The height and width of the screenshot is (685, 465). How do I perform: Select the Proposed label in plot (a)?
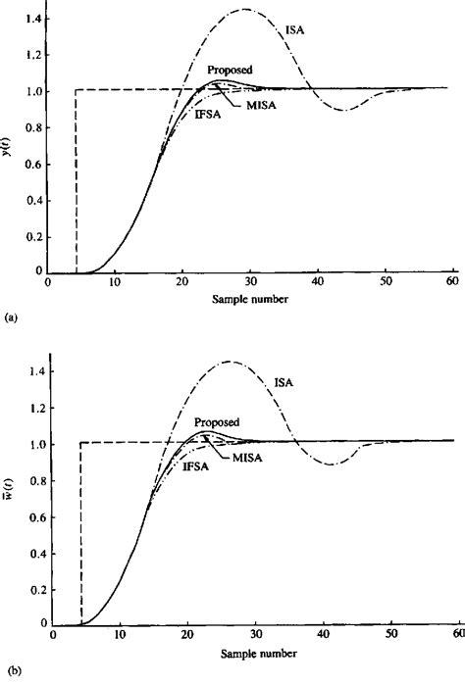point(230,71)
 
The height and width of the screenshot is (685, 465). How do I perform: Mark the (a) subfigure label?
point(10,318)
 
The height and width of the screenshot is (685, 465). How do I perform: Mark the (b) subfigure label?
point(10,669)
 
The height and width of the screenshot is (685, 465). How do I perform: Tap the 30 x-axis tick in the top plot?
point(249,282)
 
